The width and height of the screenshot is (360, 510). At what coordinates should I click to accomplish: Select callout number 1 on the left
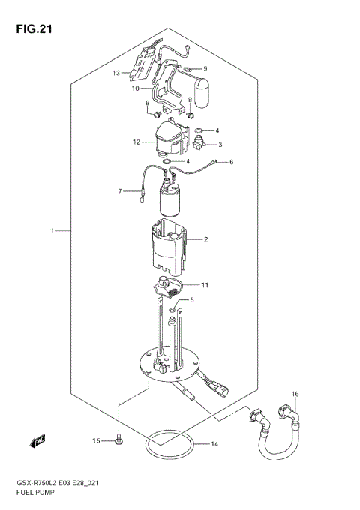52,231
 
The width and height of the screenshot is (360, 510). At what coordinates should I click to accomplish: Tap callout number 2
205,240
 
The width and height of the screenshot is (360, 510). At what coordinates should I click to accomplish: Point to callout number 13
116,73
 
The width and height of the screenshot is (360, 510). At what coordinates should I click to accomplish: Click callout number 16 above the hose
295,394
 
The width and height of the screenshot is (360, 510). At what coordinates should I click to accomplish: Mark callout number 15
95,440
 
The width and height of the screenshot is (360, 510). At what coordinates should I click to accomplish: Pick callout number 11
205,285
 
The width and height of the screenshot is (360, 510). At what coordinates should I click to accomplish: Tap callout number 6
232,162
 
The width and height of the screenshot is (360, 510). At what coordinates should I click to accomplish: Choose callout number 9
204,69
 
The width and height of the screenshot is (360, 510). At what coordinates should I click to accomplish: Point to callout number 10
136,88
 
